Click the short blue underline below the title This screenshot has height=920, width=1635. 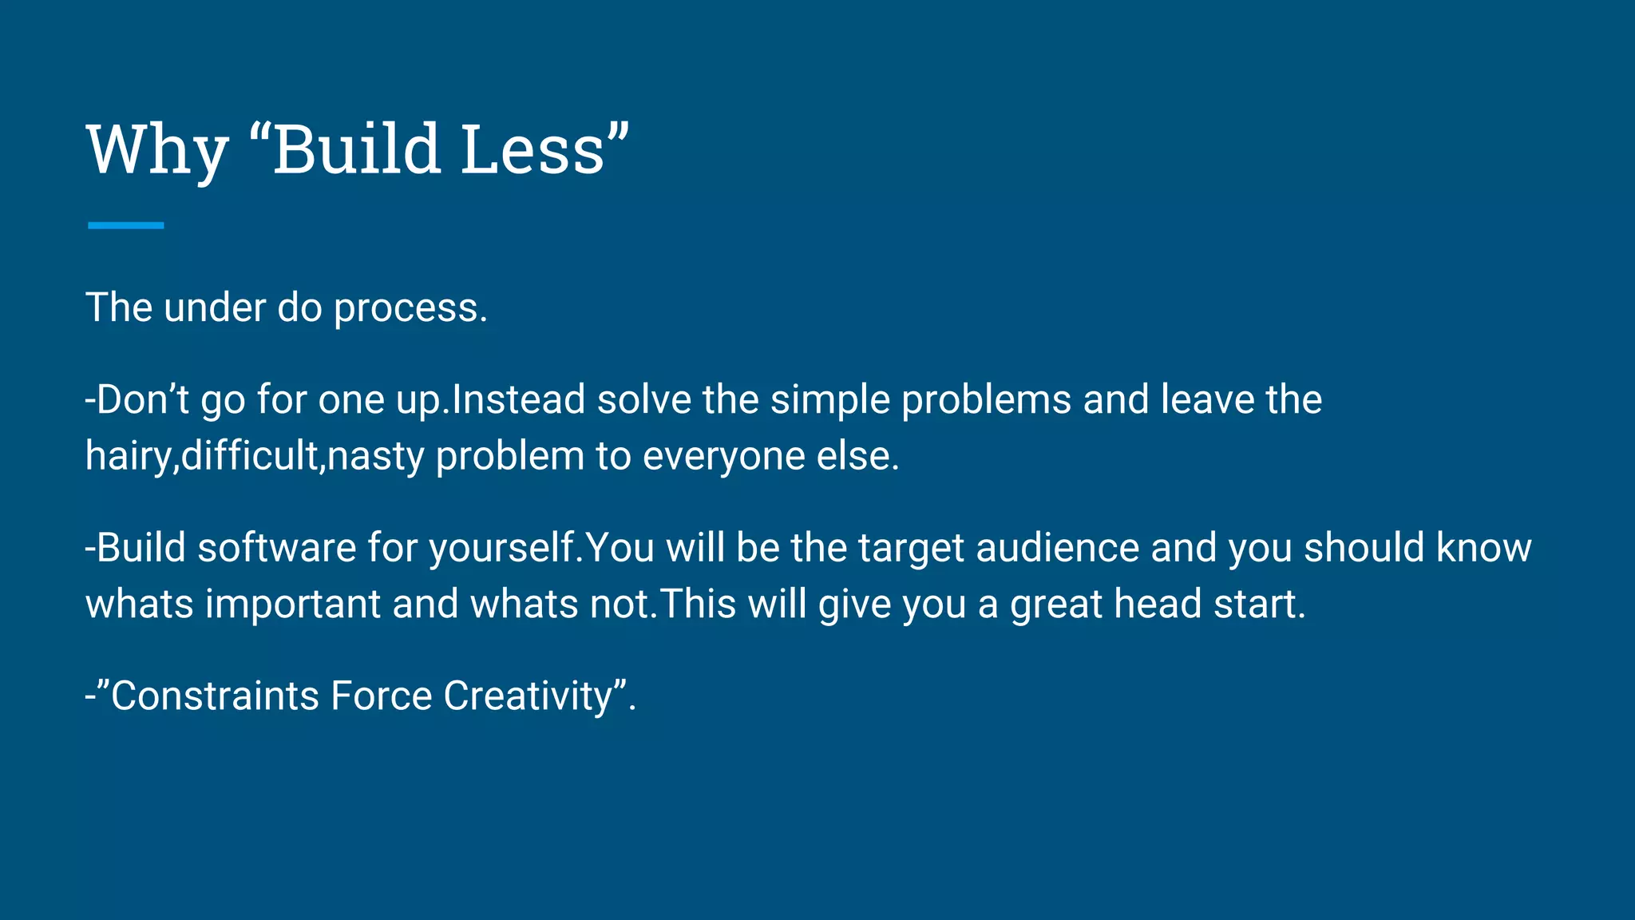[x=125, y=225]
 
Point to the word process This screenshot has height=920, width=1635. [x=410, y=307]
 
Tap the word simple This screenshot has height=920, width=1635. [x=829, y=399]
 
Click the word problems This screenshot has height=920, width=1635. [x=986, y=399]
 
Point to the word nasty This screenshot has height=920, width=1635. [x=375, y=456]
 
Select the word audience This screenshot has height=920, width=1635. [x=1057, y=548]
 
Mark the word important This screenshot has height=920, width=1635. [x=293, y=604]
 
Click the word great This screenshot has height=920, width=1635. [x=1056, y=604]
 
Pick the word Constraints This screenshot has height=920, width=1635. [x=215, y=696]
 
